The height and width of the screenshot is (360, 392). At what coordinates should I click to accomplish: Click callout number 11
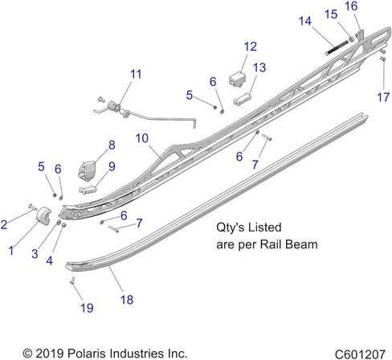(136, 74)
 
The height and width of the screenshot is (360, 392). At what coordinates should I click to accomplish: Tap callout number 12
(251, 47)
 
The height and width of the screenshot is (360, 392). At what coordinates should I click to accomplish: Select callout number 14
(305, 21)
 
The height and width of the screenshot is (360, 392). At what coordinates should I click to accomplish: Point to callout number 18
(127, 300)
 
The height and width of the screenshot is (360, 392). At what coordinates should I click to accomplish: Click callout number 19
(87, 308)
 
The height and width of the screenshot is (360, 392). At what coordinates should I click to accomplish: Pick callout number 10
(142, 138)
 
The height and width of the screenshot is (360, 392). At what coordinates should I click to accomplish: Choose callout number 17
(383, 97)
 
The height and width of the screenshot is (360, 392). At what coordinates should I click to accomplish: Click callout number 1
(11, 251)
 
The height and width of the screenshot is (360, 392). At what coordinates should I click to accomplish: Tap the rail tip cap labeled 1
(43, 215)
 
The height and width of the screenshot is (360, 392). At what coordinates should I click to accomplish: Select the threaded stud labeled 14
(337, 47)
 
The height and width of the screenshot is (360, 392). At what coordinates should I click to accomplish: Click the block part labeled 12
(237, 79)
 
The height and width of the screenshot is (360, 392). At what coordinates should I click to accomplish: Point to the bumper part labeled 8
(87, 170)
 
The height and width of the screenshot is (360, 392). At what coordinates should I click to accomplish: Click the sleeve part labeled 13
(243, 99)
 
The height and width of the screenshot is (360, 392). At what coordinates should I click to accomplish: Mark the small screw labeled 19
(73, 281)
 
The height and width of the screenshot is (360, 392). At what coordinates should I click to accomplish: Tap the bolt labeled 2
(33, 207)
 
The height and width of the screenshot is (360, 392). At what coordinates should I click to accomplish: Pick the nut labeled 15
(352, 39)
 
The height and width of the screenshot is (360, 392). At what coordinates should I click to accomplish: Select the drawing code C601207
(360, 354)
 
